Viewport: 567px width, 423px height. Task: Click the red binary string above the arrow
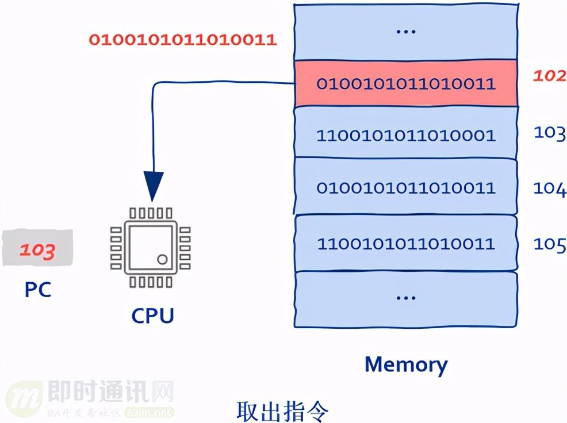coord(182,40)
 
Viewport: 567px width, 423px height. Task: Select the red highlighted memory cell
coord(405,83)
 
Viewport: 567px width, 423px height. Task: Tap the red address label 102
coord(549,76)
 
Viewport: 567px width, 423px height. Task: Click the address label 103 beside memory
coord(549,133)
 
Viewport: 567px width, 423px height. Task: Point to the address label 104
coord(549,188)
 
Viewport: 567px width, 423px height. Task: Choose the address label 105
coord(549,244)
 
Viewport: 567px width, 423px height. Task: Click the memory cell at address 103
coord(405,136)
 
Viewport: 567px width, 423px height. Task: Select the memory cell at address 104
coord(405,188)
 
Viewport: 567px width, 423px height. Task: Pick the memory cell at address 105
coord(405,244)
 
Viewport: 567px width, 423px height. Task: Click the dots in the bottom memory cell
coord(405,298)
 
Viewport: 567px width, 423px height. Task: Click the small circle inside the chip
coord(162,259)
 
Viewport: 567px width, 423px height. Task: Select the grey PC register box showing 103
coord(38,249)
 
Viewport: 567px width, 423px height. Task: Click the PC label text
coord(38,289)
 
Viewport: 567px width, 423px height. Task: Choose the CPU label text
coord(152,316)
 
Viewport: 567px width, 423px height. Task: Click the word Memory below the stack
coord(405,364)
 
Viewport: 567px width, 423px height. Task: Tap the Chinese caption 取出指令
coord(283,410)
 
